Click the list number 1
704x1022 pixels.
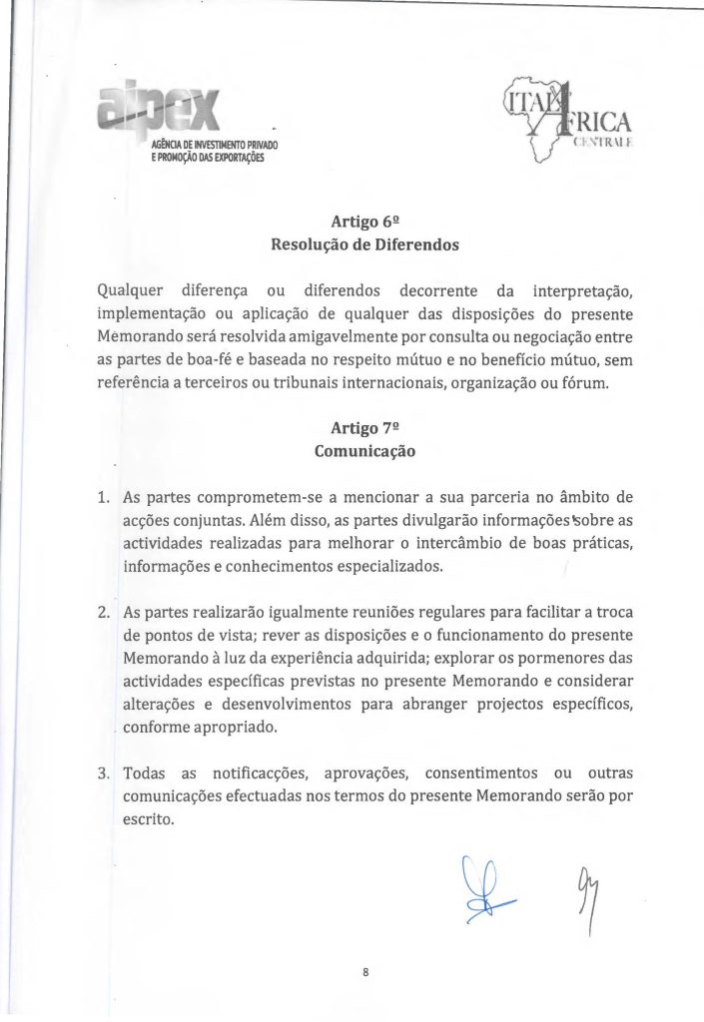click(103, 497)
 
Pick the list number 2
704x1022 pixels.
click(103, 613)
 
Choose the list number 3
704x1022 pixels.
click(103, 774)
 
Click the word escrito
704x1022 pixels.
click(147, 820)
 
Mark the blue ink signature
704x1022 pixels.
click(483, 888)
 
